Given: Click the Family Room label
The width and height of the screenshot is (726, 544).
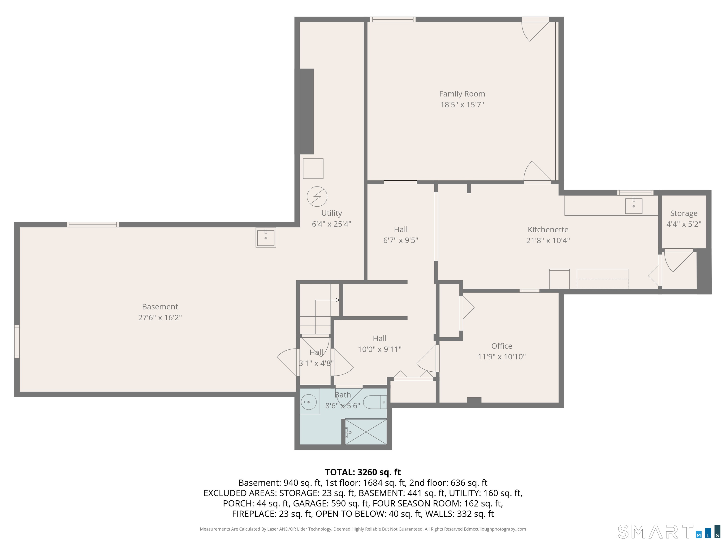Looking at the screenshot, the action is click(462, 94).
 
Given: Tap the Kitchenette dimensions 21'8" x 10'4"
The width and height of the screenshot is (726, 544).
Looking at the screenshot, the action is click(548, 240).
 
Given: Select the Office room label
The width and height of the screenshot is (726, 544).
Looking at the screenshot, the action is click(501, 346).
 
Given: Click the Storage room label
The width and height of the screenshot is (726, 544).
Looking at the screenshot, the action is click(684, 213).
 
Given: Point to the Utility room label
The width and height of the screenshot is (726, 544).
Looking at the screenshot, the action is click(332, 213).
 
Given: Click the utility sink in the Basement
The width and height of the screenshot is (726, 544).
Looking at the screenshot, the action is click(266, 237).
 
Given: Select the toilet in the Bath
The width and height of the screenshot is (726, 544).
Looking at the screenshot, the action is click(374, 402).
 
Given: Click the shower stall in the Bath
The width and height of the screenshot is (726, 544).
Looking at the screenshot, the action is click(366, 432).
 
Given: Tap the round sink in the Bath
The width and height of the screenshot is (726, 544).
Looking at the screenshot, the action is click(308, 402).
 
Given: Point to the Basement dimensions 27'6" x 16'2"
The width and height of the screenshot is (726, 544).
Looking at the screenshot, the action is click(160, 317).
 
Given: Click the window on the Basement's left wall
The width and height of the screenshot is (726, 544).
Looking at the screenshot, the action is click(17, 341).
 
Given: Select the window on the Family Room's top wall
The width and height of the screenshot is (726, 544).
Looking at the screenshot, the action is click(393, 19).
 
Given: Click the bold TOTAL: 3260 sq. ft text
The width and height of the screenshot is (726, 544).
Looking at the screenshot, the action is click(363, 472).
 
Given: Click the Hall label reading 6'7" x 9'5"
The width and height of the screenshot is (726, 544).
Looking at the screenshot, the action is click(401, 235).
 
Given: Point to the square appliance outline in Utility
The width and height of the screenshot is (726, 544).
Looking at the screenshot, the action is click(313, 169).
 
